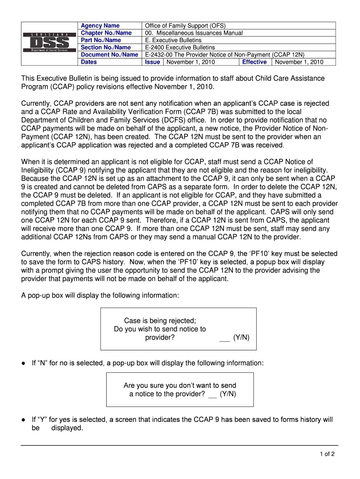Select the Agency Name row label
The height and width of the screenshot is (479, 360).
pos(100,26)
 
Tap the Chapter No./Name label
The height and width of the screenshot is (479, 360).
pos(106,33)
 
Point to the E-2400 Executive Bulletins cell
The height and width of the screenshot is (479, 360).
pos(180,47)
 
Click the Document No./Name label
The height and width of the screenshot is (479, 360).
pos(109,55)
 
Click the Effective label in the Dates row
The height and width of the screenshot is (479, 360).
pos(254,62)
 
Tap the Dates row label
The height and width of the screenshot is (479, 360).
pos(89,62)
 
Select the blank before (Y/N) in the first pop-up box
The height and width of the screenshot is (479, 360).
pos(224,337)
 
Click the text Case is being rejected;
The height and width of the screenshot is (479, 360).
pos(160,320)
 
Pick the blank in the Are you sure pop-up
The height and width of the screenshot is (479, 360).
pos(212,394)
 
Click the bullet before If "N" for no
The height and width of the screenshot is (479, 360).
pos(23,363)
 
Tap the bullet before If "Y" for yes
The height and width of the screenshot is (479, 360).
pos(23,420)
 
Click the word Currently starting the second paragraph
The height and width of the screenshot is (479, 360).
pos(36,103)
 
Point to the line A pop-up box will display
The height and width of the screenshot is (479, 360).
pos(100,295)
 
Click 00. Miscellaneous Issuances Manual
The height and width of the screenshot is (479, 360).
pos(194,33)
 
